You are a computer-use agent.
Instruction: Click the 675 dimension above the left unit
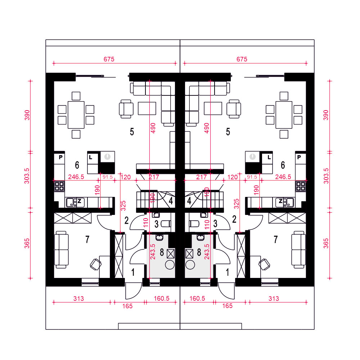109,59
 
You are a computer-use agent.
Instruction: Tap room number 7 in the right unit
275,239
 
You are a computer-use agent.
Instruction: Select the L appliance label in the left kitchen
91,158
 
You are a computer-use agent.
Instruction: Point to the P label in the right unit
299,157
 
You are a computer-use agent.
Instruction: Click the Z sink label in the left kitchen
80,201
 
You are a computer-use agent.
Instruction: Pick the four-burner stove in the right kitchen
301,186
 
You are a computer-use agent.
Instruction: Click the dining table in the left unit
76,115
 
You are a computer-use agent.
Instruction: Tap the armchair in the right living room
234,109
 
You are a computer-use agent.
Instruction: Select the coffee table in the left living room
147,108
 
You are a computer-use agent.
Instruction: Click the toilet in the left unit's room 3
166,224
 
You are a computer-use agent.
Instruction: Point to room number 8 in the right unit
199,252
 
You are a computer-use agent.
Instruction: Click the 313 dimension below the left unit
78,299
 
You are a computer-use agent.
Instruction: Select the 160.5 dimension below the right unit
197,298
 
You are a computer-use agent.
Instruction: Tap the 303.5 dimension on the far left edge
27,176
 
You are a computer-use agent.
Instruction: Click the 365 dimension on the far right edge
326,243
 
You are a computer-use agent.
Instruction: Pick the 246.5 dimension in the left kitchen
76,177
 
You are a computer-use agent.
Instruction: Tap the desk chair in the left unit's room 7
95,265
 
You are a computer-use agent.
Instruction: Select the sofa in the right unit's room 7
298,249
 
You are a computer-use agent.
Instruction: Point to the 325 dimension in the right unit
237,204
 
